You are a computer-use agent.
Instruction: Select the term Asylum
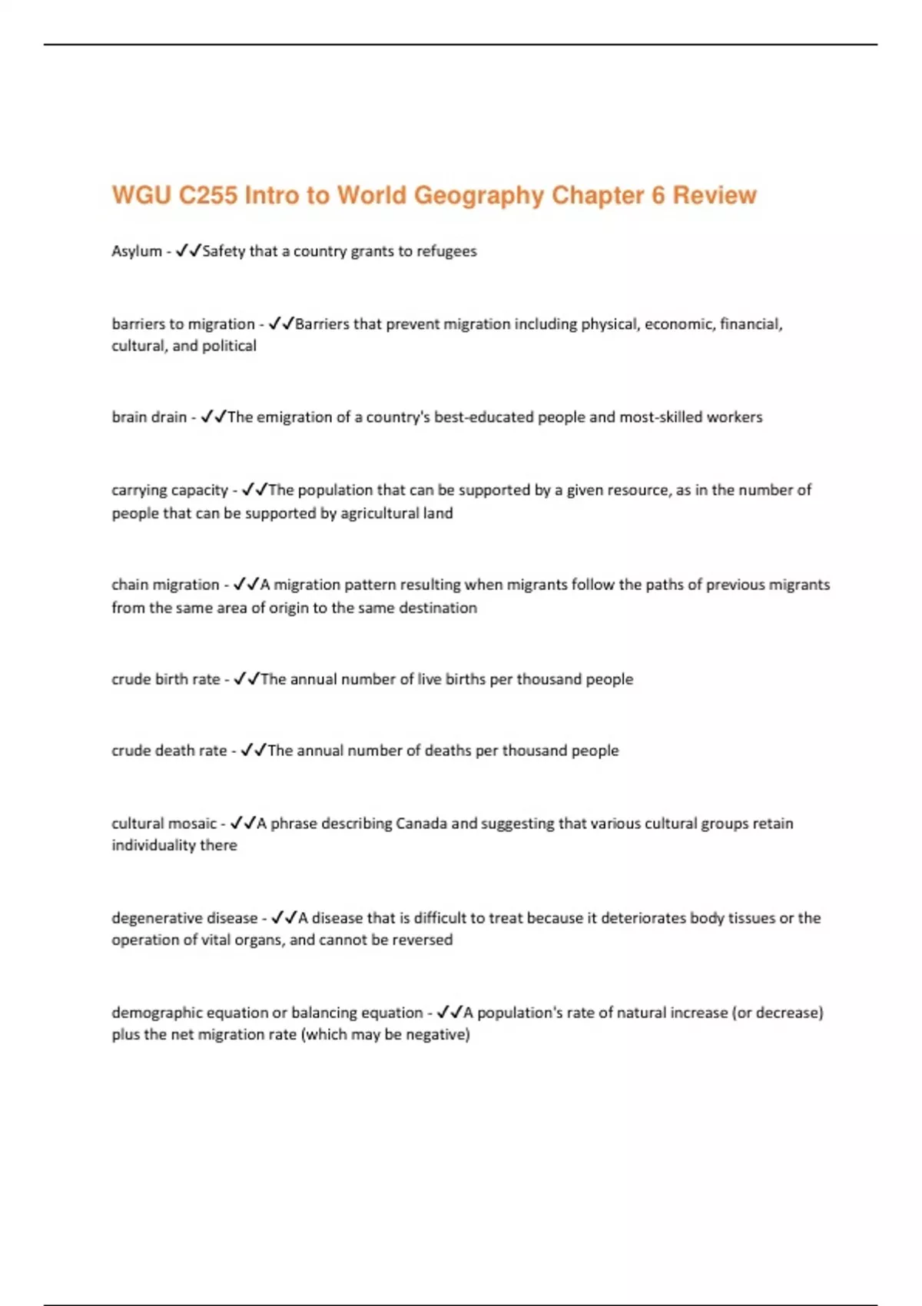point(137,251)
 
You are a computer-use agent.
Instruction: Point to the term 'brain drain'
point(149,417)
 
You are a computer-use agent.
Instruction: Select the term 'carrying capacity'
point(170,490)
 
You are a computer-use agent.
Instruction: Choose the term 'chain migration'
point(165,585)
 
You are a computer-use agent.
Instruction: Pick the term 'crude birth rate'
point(166,679)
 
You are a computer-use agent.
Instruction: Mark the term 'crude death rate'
point(169,751)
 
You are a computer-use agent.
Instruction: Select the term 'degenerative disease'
point(184,918)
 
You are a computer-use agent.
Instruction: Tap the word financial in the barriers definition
point(751,324)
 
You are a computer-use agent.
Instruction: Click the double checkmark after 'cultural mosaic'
point(243,823)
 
